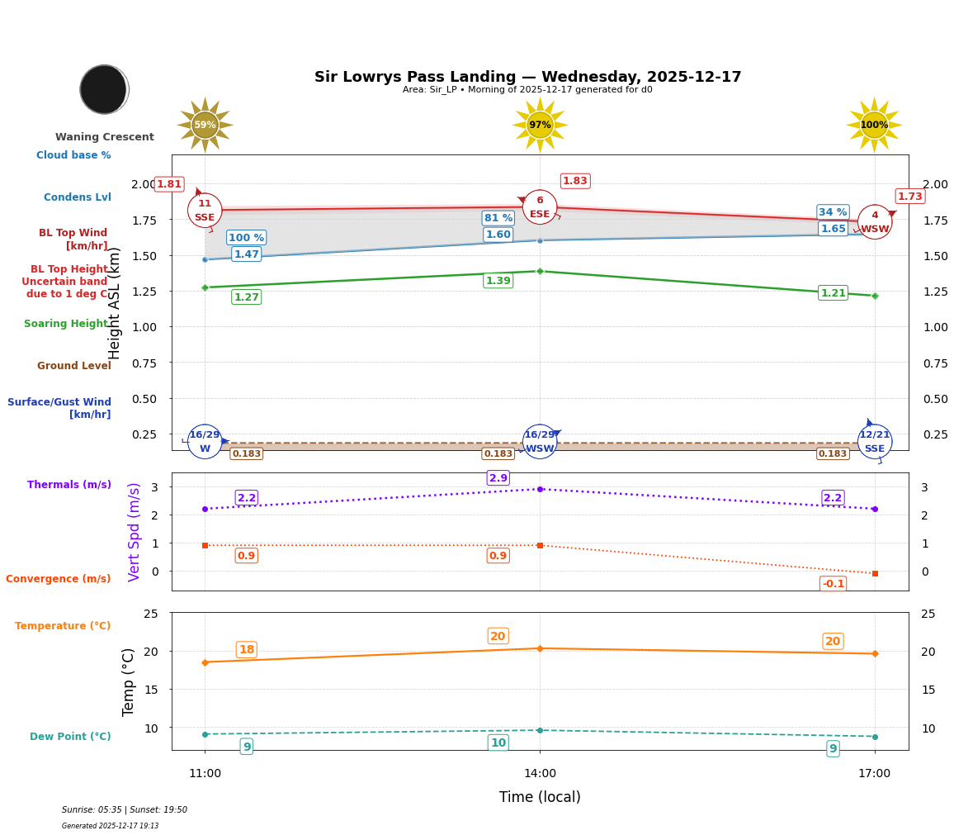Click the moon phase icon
(104, 89)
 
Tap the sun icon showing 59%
(205, 125)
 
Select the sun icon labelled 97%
(540, 125)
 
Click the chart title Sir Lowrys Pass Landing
(527, 77)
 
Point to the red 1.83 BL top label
(574, 181)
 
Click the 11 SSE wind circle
(205, 211)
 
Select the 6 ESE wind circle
(540, 207)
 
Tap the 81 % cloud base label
(498, 218)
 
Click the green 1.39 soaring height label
(498, 281)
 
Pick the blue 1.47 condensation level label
(246, 254)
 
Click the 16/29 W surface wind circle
(205, 442)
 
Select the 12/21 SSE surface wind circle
(875, 442)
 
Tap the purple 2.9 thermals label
(498, 478)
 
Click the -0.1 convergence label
(833, 584)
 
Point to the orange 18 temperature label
(246, 650)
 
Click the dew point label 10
(498, 743)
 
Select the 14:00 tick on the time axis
(540, 773)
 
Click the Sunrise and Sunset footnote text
(125, 810)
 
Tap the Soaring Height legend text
(66, 324)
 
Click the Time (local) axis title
(540, 797)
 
